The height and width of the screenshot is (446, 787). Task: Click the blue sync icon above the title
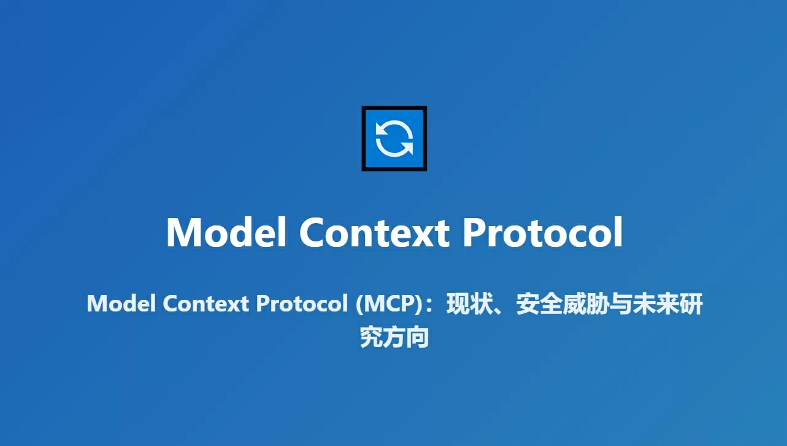pos(394,139)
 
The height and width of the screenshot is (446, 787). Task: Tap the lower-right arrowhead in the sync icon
pos(407,147)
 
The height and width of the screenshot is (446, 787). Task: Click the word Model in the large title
pos(226,232)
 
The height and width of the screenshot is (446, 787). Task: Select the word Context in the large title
pos(374,232)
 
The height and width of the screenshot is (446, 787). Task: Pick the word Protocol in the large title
pos(543,232)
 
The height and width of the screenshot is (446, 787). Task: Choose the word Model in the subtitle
pos(121,303)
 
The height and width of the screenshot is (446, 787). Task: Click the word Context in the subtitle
pos(206,303)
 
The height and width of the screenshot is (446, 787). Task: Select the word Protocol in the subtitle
pos(302,303)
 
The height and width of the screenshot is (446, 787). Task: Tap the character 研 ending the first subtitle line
pos(691,303)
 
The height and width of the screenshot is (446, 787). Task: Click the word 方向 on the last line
pos(406,337)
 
